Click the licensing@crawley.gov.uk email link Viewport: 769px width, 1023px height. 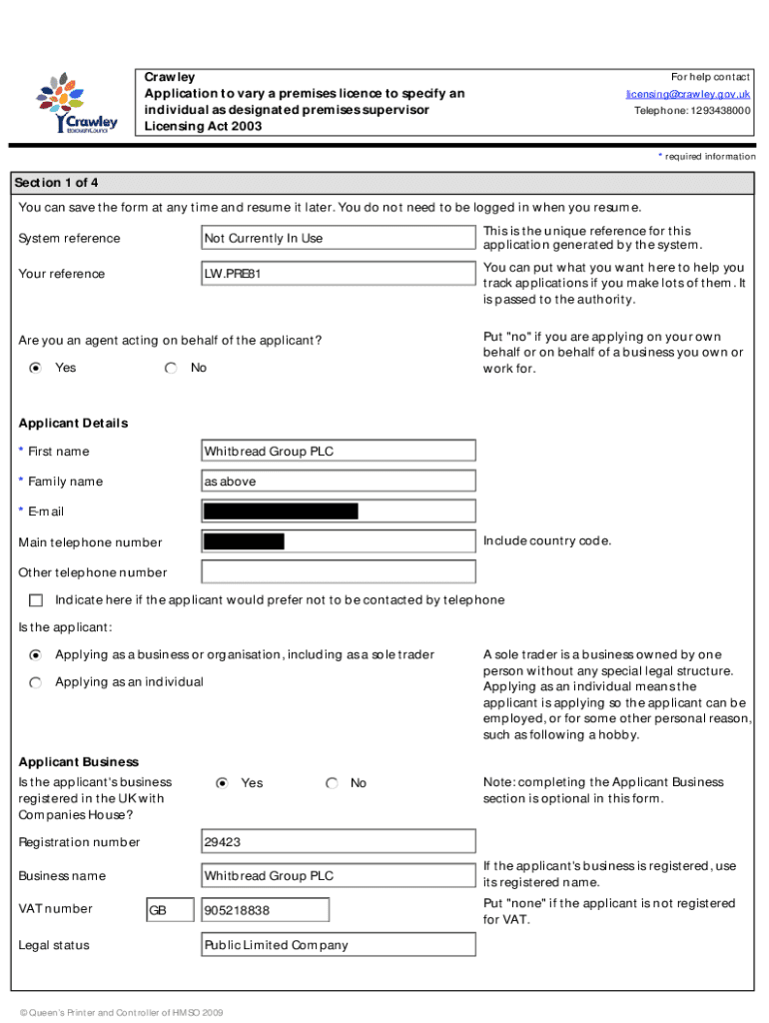click(688, 94)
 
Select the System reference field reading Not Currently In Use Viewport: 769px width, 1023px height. click(338, 238)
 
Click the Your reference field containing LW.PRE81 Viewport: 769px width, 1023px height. click(338, 274)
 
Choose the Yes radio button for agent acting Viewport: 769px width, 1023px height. click(36, 368)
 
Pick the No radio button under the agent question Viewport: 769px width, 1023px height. click(171, 368)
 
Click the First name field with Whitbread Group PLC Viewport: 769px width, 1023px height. click(338, 451)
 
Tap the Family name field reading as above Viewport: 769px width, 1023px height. click(338, 482)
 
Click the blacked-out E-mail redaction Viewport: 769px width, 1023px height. click(281, 511)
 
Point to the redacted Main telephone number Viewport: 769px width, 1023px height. click(244, 541)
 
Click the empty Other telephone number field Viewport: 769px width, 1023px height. click(338, 572)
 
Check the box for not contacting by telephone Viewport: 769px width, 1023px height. click(36, 600)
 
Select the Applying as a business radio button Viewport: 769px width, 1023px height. click(36, 655)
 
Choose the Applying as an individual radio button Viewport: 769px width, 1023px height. click(36, 682)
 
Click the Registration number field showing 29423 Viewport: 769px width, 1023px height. click(338, 842)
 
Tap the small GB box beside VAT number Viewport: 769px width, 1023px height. click(170, 910)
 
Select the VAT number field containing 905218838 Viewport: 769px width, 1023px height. click(265, 910)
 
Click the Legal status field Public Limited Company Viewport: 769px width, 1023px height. click(338, 945)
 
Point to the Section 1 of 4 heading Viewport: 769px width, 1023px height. click(56, 183)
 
